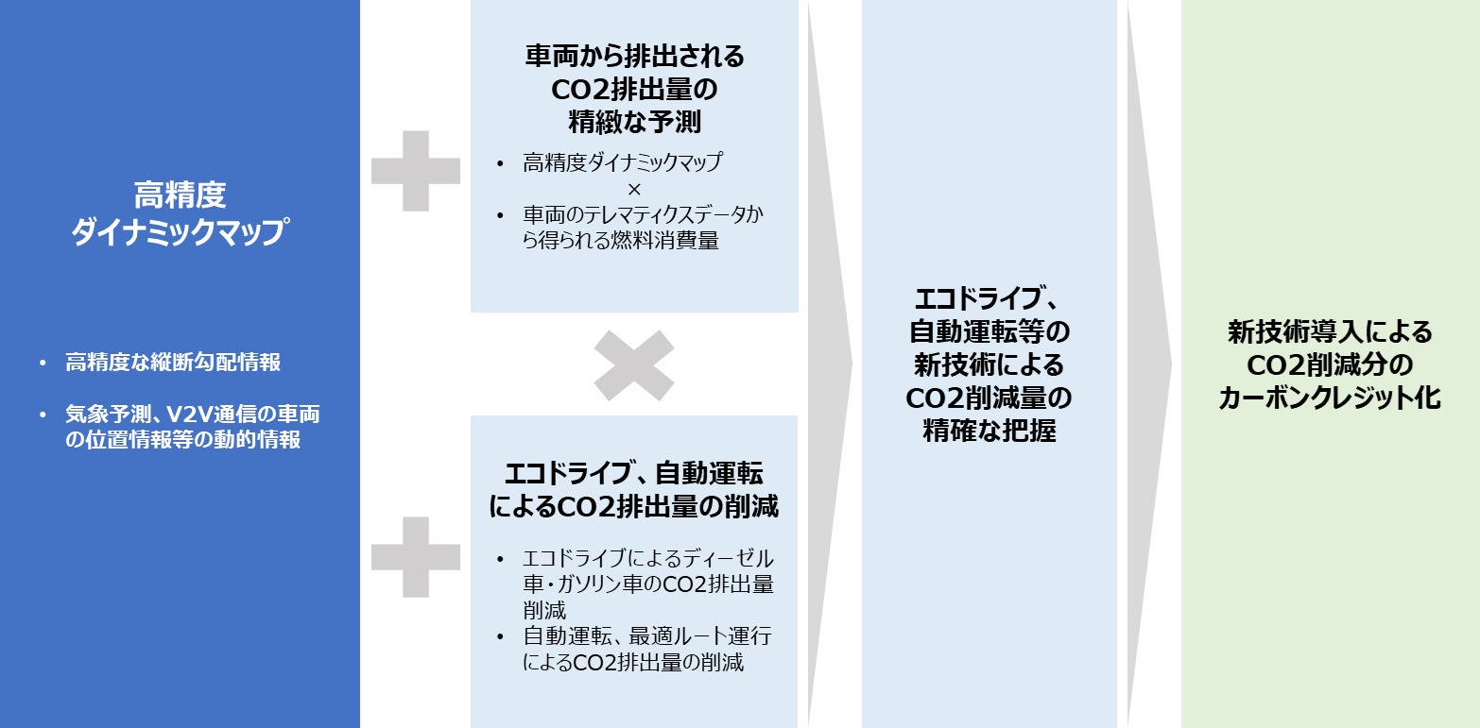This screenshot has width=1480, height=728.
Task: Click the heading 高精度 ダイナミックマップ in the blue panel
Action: point(180,214)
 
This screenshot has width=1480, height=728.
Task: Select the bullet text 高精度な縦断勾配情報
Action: point(173,363)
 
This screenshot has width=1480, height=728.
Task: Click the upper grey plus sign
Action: point(416,171)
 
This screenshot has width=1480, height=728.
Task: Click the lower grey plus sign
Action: point(416,557)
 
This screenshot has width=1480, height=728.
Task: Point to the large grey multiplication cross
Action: point(634,364)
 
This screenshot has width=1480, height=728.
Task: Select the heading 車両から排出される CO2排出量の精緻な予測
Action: point(634,90)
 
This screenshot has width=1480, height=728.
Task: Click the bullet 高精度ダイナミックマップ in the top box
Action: point(622,162)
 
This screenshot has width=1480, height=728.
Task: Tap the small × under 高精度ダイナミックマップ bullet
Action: point(634,189)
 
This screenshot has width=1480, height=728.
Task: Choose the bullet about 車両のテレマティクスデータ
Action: point(643,228)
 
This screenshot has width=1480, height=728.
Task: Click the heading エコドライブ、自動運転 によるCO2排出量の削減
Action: point(634,489)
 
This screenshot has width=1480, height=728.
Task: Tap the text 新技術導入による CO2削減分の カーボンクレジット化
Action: point(1330,365)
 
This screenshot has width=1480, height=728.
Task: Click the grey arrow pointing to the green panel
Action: point(1149,364)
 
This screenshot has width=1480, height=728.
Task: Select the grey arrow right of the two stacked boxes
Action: point(829,364)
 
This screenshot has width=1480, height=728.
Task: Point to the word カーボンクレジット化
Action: point(1330,398)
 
